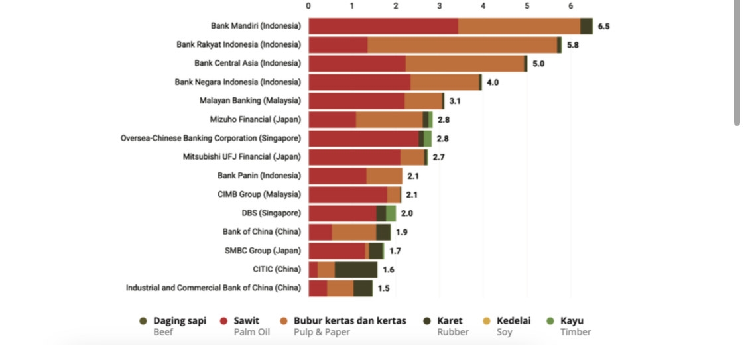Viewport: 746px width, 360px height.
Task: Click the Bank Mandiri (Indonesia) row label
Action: [x=256, y=26]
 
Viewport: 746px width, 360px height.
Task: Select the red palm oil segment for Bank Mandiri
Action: [x=383, y=26]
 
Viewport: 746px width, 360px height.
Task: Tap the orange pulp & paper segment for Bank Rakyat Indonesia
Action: [x=462, y=45]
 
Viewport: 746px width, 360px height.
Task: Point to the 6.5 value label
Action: [x=603, y=27]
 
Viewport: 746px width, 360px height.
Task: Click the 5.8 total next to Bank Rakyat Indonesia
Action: [x=572, y=45]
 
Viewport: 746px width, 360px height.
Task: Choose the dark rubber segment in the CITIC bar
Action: [x=356, y=270]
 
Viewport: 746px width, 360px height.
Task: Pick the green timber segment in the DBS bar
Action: [x=391, y=213]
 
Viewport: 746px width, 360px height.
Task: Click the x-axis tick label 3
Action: [x=440, y=6]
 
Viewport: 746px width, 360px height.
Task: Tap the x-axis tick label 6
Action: [x=570, y=6]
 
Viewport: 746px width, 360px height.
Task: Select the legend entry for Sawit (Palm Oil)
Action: [x=246, y=321]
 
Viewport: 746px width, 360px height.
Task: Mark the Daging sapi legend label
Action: [x=180, y=321]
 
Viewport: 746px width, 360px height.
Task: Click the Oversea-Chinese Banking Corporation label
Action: [x=210, y=138]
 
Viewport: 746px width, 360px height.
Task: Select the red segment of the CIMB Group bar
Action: [x=347, y=195]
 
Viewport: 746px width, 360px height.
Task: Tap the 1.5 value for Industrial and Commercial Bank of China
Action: [x=383, y=288]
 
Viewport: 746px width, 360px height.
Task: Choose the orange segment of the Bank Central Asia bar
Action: [x=465, y=64]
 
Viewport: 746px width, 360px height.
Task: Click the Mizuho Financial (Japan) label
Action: [x=255, y=119]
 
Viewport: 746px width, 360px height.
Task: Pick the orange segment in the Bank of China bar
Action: [x=354, y=232]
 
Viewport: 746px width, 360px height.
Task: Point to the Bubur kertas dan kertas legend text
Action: [x=349, y=321]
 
